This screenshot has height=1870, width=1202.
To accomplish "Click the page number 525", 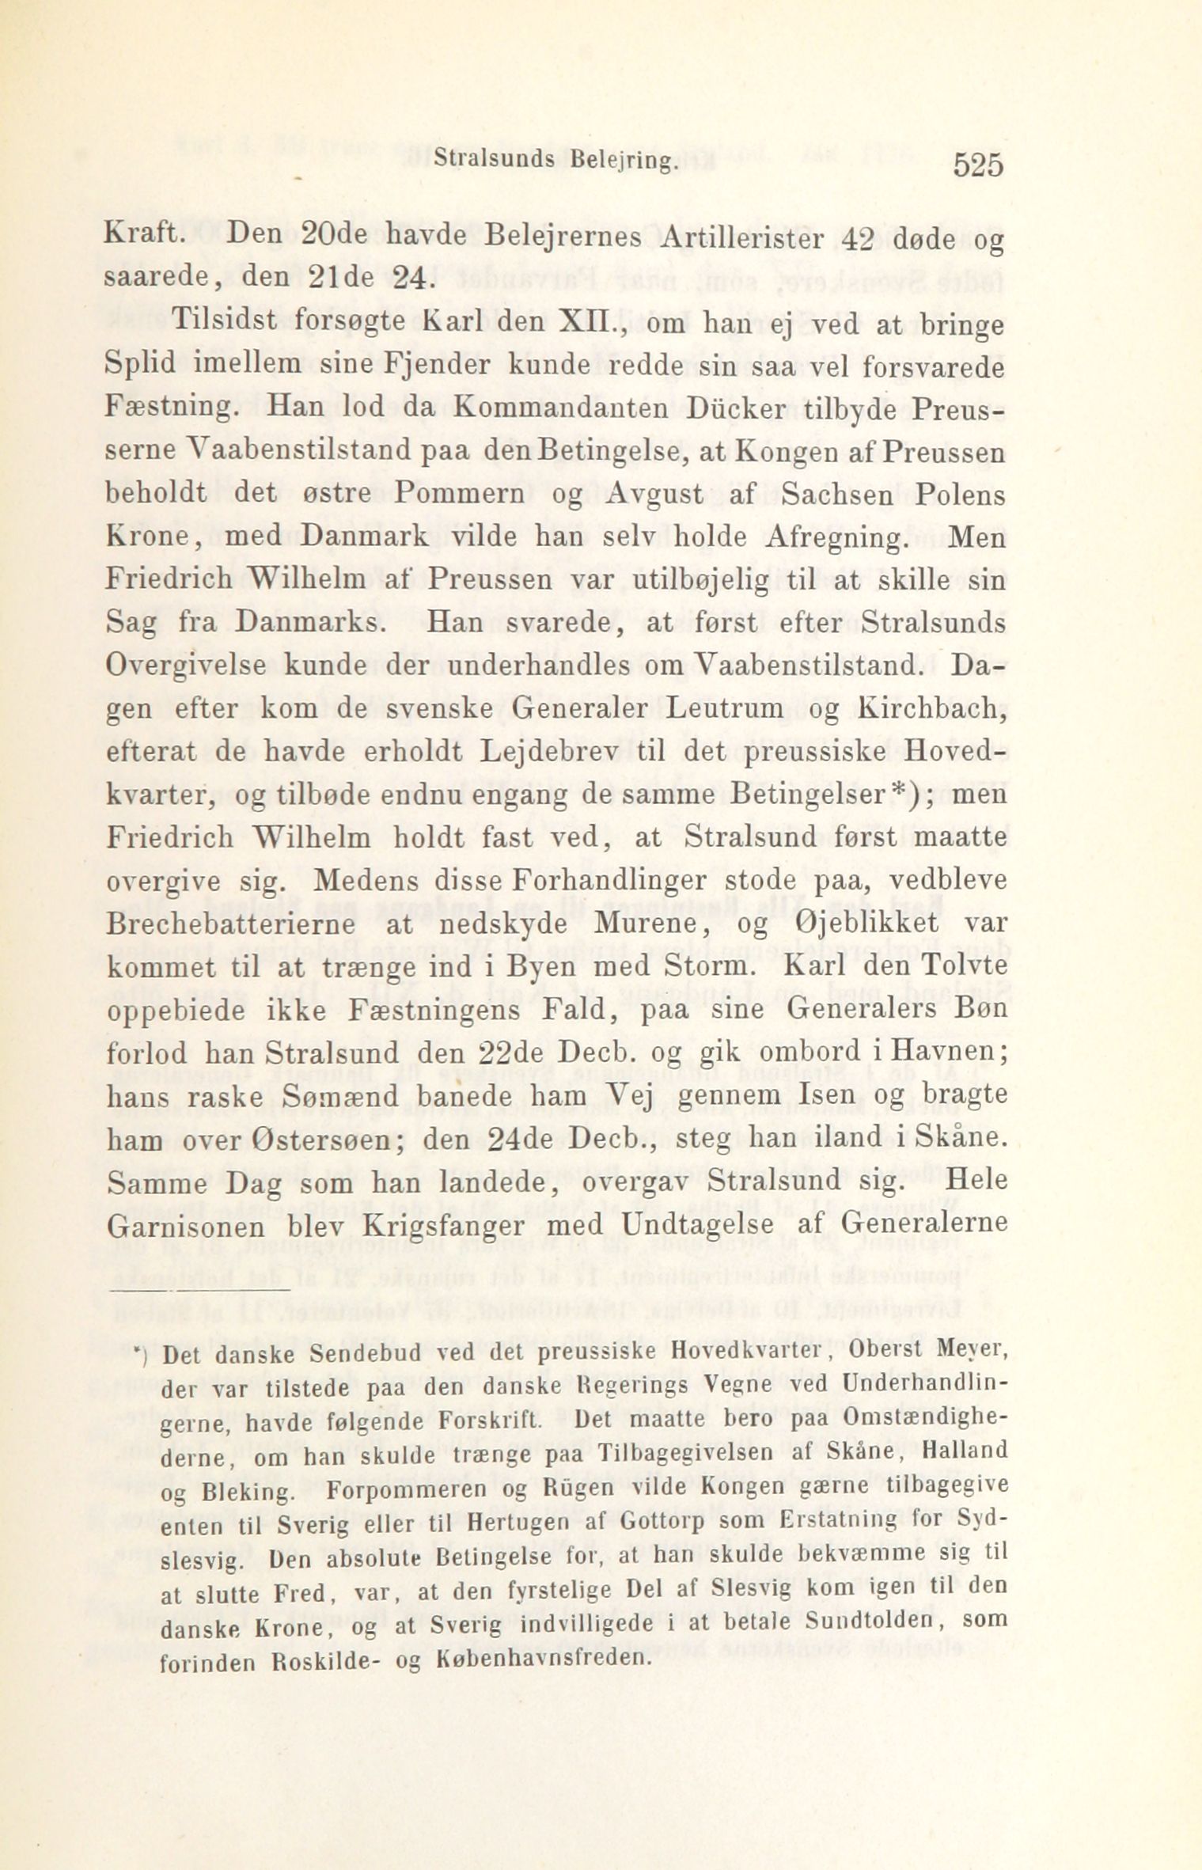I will [978, 166].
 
